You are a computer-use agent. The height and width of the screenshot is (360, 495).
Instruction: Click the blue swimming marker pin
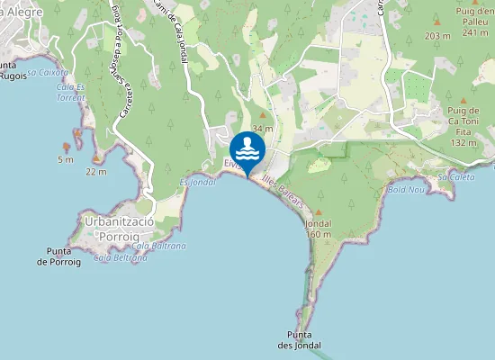(247, 148)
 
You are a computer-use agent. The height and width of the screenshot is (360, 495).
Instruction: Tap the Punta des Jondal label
(300, 340)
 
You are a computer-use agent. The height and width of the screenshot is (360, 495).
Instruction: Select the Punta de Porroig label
(58, 256)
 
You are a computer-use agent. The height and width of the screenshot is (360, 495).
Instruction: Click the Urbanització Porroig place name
(118, 228)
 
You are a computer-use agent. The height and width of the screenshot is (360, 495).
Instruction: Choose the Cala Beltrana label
(120, 258)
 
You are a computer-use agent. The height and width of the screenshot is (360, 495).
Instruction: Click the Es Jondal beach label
(198, 182)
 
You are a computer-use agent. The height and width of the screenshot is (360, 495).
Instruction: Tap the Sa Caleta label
(455, 177)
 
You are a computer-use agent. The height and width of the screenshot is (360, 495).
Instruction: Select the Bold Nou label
(405, 190)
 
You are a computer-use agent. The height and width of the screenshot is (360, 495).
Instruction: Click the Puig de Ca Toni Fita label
(463, 126)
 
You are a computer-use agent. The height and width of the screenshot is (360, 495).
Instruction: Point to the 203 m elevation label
(437, 36)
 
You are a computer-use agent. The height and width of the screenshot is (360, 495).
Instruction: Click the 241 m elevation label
(474, 33)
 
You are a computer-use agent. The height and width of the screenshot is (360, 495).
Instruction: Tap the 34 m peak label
(262, 130)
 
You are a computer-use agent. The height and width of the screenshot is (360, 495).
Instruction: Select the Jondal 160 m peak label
(319, 229)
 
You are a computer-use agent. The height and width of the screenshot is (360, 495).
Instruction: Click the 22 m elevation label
(95, 171)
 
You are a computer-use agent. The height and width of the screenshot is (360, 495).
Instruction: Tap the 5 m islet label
(65, 160)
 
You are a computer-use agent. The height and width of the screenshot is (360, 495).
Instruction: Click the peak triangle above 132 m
(463, 102)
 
